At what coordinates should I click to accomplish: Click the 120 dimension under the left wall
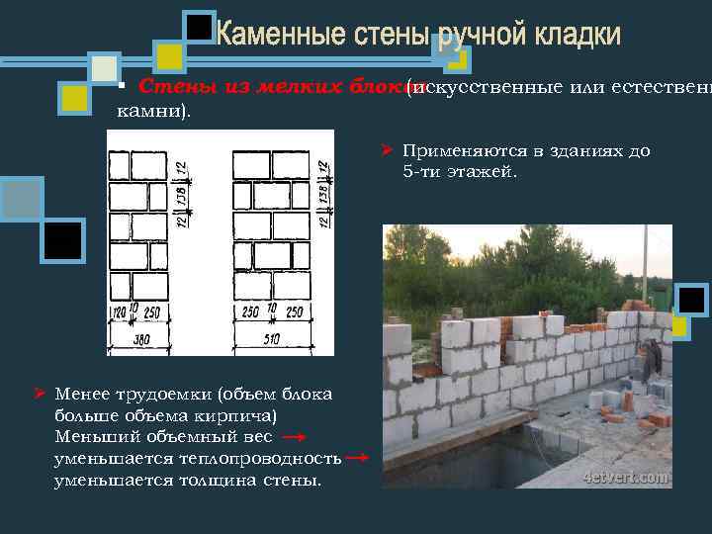point(121,312)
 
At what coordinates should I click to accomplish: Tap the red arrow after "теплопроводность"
point(358,458)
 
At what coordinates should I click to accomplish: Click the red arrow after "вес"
point(293,436)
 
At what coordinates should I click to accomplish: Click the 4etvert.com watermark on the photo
point(625,476)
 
